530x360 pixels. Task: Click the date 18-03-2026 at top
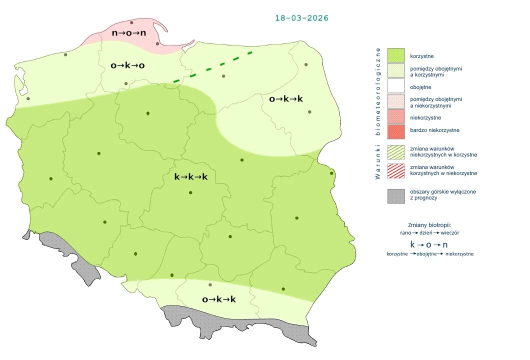coord(301,18)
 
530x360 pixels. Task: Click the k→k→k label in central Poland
coord(190,177)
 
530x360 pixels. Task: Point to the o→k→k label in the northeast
coord(286,99)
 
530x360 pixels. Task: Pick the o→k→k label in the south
coord(219,299)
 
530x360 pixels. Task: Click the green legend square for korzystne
coord(395,55)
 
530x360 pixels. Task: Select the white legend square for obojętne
coord(395,87)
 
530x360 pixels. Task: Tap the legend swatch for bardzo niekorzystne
coord(395,130)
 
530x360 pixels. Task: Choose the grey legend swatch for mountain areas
coord(395,195)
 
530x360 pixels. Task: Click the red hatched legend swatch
coord(395,170)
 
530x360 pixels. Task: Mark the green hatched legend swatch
coord(395,151)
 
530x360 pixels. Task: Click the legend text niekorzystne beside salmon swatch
coord(425,118)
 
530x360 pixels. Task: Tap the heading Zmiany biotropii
coord(429,225)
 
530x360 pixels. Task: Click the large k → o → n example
coord(429,245)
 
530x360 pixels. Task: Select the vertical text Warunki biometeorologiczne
coord(378,113)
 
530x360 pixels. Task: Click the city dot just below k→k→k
coord(190,193)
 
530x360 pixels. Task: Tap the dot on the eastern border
coord(331,173)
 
